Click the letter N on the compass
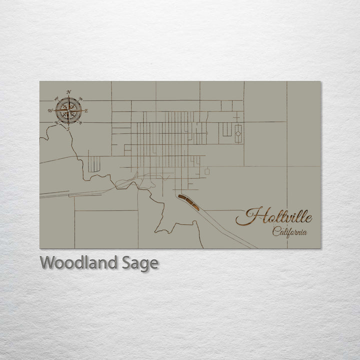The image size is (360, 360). pyautogui.click(x=68, y=91)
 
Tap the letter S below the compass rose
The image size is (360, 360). pyautogui.click(x=68, y=129)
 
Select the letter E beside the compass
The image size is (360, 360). pyautogui.click(x=86, y=110)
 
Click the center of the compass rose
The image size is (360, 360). pyautogui.click(x=68, y=110)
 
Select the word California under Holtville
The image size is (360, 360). pyautogui.click(x=289, y=231)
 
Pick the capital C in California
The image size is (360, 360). pyautogui.click(x=276, y=231)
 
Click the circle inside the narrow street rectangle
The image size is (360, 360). pyautogui.click(x=238, y=133)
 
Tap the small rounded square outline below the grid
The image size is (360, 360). pyautogui.click(x=207, y=171)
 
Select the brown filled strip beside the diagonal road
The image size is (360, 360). pyautogui.click(x=189, y=202)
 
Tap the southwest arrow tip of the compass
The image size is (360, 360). pyautogui.click(x=59, y=119)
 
